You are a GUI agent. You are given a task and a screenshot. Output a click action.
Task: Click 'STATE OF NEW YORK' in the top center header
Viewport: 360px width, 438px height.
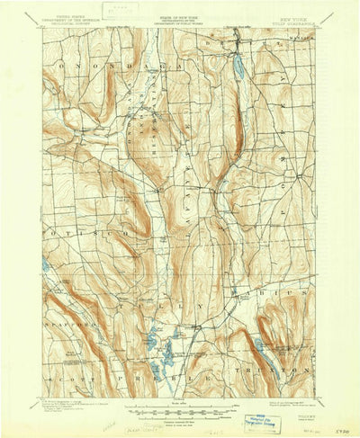pos(180,15)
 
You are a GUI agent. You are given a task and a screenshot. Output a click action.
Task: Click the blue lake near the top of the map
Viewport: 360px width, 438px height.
pos(238,67)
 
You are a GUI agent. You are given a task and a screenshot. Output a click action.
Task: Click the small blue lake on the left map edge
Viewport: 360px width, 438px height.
pos(45,265)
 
